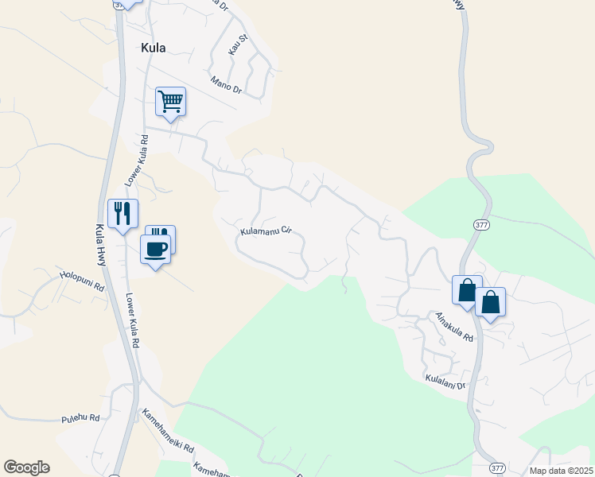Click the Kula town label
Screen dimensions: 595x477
coord(154,48)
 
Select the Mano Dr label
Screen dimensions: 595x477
coord(226,83)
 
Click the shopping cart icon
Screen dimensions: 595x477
coord(170,102)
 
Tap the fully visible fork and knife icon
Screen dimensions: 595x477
coord(122,213)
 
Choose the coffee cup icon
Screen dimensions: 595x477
coord(156,249)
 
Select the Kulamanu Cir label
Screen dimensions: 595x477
coord(266,232)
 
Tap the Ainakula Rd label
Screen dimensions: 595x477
coord(453,326)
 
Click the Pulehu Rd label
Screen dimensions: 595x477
coord(81,418)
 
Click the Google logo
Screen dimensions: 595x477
coord(26,467)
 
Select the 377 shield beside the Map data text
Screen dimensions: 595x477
coord(498,467)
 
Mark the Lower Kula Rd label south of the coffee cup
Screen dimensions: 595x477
coord(132,322)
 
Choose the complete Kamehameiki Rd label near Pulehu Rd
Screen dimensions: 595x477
coord(168,432)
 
